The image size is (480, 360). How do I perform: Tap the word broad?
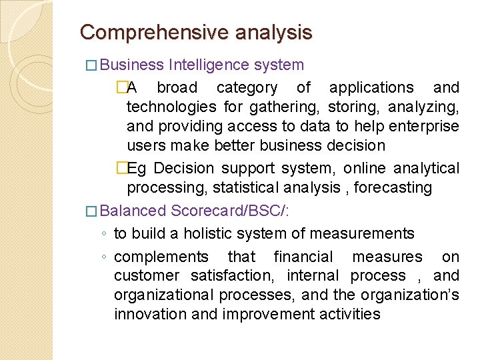(177, 87)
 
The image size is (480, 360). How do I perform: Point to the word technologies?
(171, 107)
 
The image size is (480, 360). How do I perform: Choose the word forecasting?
(393, 187)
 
